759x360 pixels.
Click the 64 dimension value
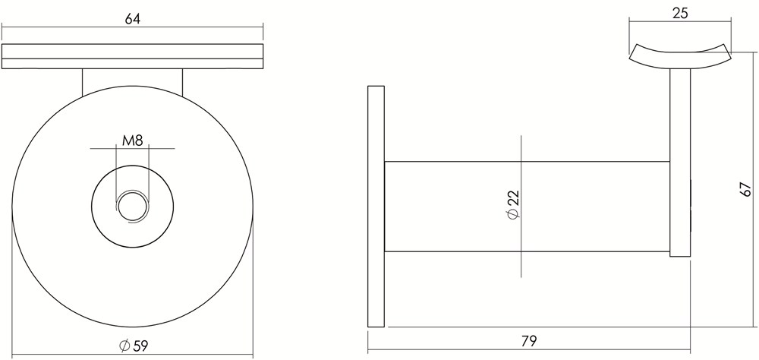point(132,19)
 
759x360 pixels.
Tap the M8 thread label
point(132,141)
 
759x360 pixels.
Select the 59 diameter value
point(140,346)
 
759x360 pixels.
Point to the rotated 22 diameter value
point(513,197)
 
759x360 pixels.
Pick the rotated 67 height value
point(745,188)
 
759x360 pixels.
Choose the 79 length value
point(529,341)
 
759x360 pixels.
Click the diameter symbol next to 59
point(124,346)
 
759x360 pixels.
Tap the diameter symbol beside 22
point(513,213)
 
